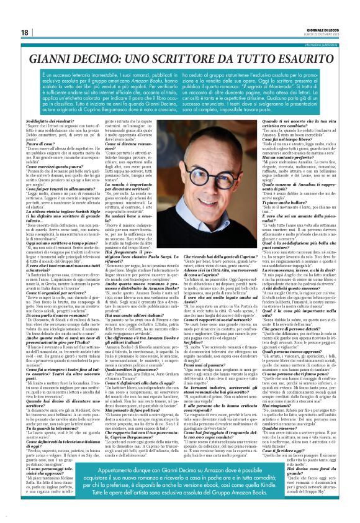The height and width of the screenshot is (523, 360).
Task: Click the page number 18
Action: click(24, 32)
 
